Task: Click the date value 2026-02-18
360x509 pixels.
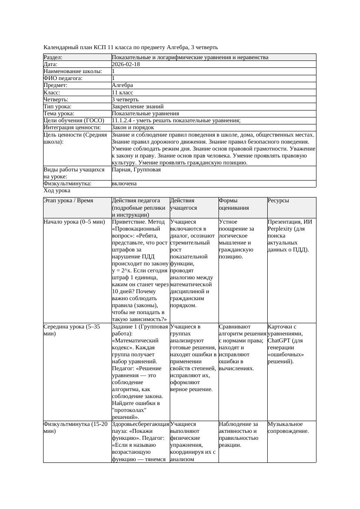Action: tap(126, 64)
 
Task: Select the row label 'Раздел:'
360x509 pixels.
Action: tap(53, 57)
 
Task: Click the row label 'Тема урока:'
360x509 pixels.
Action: tap(59, 113)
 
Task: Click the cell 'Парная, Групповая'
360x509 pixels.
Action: tap(136, 170)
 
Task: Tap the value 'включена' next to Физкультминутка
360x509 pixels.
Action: tap(124, 184)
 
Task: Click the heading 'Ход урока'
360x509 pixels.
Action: tap(57, 191)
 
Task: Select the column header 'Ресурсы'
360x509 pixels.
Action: tap(279, 201)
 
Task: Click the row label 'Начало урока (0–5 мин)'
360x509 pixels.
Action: tap(74, 222)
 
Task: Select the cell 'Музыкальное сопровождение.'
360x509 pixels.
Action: tap(288, 428)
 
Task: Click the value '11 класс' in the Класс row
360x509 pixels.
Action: tap(122, 92)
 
